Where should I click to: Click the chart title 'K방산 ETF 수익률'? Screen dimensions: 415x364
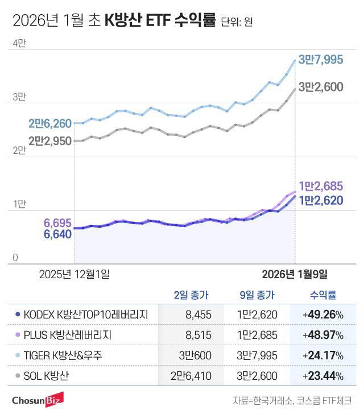160,22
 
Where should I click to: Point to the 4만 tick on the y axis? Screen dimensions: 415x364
19,43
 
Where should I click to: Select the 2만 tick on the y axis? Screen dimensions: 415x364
19,150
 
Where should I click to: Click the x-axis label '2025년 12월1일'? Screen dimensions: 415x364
74,274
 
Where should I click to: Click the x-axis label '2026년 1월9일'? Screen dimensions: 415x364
294,274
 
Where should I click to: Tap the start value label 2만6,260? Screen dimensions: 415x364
50,124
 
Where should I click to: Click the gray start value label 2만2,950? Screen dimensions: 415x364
50,140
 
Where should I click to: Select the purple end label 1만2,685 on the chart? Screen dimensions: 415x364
321,186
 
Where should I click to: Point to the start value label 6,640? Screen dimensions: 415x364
57,234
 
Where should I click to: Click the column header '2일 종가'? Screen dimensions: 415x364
191,295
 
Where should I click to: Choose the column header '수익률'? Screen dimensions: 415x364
322,295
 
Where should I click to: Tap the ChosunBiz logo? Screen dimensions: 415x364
38,400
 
